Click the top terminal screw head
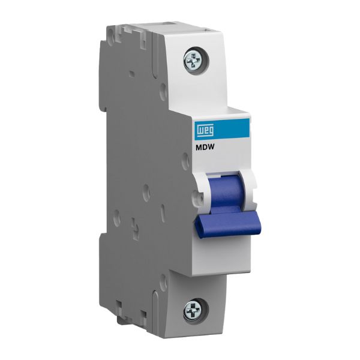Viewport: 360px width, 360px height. click(x=193, y=60)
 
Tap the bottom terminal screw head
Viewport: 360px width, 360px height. click(x=193, y=310)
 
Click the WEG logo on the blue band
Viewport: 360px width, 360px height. click(x=205, y=130)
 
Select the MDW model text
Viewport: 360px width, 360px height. click(x=205, y=148)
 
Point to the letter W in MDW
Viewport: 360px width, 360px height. click(x=211, y=148)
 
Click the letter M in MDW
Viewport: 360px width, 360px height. click(x=198, y=148)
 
